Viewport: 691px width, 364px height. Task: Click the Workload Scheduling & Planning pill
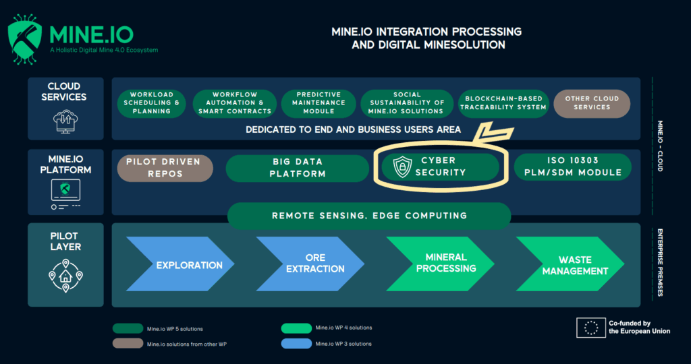point(152,102)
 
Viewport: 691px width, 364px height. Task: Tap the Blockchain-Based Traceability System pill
point(503,102)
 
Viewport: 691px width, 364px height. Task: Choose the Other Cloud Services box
point(592,102)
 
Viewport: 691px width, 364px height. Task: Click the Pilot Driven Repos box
point(165,168)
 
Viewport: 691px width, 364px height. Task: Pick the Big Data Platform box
point(298,168)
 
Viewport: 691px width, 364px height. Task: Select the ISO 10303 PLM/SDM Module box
point(572,167)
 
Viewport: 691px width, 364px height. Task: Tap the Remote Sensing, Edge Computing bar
point(369,216)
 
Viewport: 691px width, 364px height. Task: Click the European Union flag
point(590,328)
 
